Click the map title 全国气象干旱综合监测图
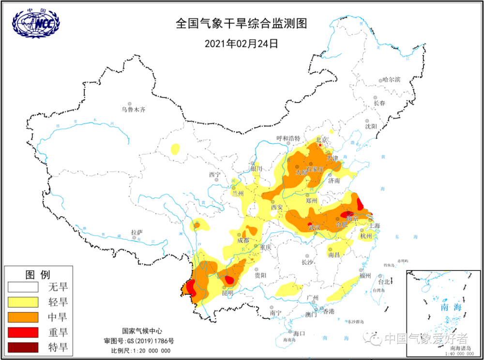pos(242,24)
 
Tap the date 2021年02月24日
pos(242,44)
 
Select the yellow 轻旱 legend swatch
pos(23,302)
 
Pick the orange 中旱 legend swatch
pos(23,317)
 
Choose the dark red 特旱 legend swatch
pos(23,347)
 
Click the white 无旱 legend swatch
pos(23,287)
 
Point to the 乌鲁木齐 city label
pos(133,110)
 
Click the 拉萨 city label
pos(136,232)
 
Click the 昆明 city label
pos(227,293)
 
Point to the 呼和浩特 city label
pos(288,138)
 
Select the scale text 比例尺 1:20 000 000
pos(141,351)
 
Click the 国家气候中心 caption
pos(141,331)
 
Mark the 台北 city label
pos(383,281)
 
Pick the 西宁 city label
pos(214,174)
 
